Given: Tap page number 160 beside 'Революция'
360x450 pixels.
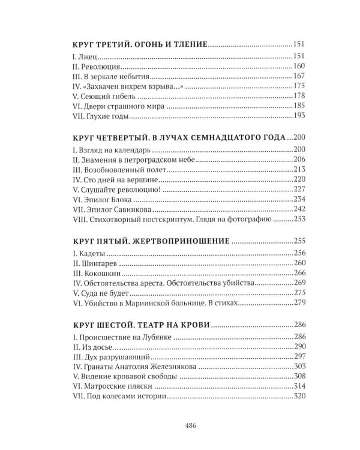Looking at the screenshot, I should point(299,65).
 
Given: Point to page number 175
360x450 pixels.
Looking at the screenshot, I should point(299,86).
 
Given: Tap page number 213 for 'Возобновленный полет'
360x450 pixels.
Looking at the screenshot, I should point(299,169).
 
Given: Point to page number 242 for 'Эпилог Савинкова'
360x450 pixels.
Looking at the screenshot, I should point(299,210).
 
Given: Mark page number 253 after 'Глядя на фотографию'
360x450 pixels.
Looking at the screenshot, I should point(299,220).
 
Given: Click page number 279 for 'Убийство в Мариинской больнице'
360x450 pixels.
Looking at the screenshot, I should point(299,304).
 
